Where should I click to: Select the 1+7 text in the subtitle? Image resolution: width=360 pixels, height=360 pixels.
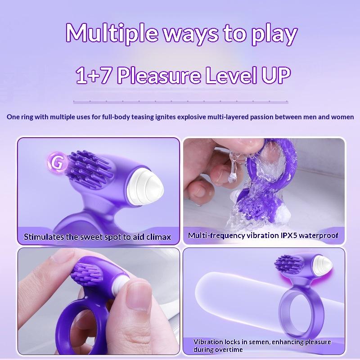pyautogui.click(x=94, y=76)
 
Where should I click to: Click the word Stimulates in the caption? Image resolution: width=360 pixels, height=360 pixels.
pyautogui.click(x=44, y=236)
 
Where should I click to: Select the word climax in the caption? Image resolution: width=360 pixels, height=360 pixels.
pyautogui.click(x=157, y=236)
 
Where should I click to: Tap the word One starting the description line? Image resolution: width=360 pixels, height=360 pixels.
pyautogui.click(x=13, y=117)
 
